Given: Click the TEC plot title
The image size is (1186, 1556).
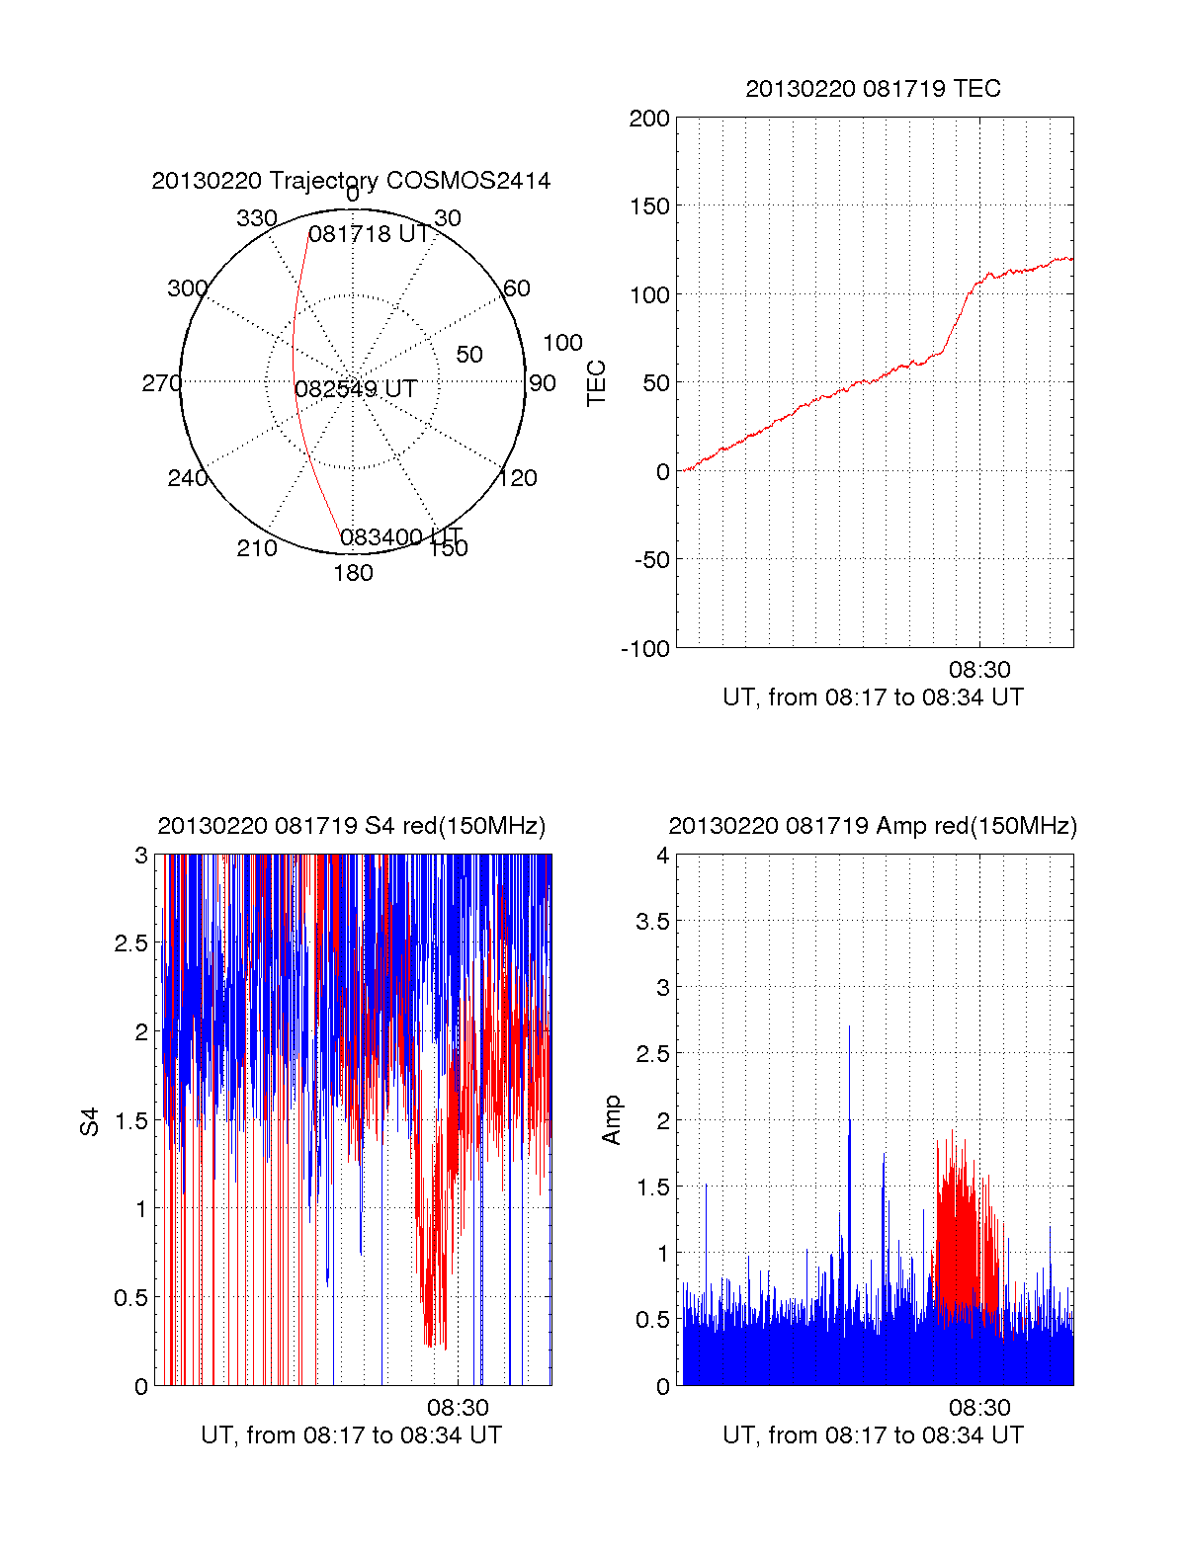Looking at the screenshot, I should click(x=873, y=89).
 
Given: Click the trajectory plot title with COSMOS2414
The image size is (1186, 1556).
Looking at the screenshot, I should click(x=351, y=181).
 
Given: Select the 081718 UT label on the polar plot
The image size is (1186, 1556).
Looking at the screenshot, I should click(x=369, y=234).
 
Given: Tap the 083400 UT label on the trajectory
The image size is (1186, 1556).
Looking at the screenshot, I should click(x=400, y=537).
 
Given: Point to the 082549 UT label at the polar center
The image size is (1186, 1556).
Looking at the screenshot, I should click(x=356, y=389).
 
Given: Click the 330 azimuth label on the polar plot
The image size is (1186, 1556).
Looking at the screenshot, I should click(x=257, y=218).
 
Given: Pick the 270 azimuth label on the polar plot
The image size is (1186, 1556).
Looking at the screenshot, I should click(x=161, y=383).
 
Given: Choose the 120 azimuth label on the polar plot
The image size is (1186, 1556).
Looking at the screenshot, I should click(x=518, y=478).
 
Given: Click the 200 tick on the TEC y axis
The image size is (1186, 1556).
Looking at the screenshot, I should click(x=649, y=120).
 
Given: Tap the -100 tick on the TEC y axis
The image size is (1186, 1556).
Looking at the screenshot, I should click(x=645, y=649).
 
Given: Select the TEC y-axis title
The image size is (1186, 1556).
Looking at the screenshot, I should click(x=597, y=383).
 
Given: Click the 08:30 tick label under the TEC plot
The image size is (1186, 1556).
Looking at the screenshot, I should click(x=979, y=671).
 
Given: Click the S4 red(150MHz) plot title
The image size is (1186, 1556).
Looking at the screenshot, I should click(x=351, y=826).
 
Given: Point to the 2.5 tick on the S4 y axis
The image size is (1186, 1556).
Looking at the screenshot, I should click(x=130, y=943).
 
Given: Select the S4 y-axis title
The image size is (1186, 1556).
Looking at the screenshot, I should click(x=90, y=1121).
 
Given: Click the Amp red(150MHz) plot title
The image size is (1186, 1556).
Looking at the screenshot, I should click(x=873, y=826).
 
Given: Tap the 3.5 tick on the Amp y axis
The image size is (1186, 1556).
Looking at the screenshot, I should click(x=652, y=922).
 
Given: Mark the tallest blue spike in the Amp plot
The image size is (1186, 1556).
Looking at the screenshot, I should click(x=849, y=1027).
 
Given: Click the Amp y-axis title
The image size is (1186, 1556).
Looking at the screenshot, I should click(x=612, y=1120).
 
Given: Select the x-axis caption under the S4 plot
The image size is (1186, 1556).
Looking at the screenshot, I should click(x=351, y=1435).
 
